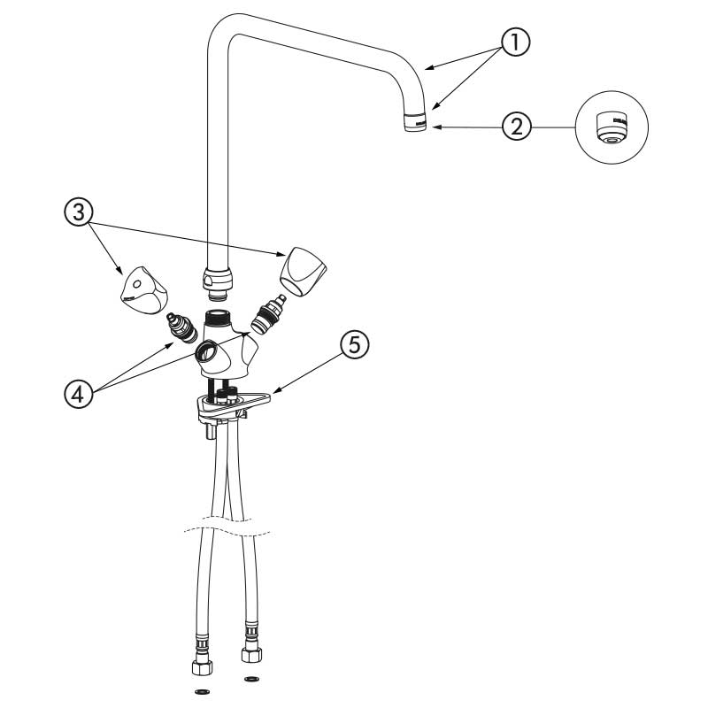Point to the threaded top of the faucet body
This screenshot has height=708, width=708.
point(218,316)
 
